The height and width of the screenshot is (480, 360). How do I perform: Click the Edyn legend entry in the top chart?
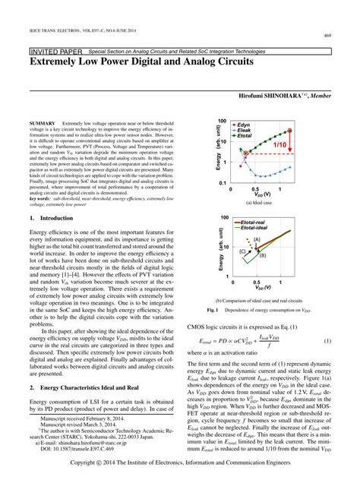coord(245,125)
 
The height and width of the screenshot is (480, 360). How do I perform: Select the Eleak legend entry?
coord(245,131)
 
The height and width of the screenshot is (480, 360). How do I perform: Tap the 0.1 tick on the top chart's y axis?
coord(221,183)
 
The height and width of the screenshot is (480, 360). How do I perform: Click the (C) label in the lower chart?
coord(242,250)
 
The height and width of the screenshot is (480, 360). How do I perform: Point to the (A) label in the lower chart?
coord(257,239)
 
